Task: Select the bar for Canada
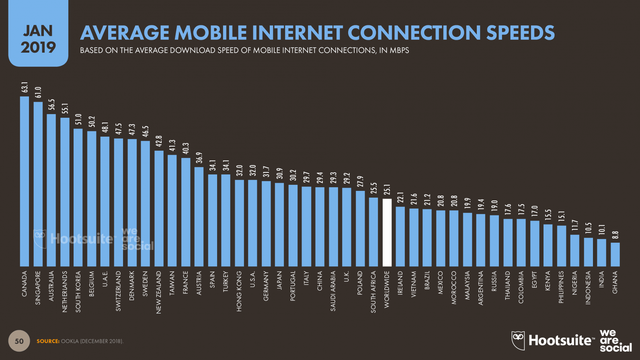tap(25, 181)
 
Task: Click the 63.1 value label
tap(25, 88)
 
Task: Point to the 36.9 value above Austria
tap(199, 158)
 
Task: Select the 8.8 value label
tap(615, 235)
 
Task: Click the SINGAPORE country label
tap(38, 288)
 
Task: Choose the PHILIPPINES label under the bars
tap(561, 287)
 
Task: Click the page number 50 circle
tap(19, 341)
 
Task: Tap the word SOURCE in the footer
tap(48, 341)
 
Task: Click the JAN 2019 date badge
tap(38, 39)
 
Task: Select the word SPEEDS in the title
tap(520, 33)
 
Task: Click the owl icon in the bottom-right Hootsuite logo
tap(518, 340)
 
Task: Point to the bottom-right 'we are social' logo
tap(615, 341)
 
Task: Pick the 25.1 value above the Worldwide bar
tap(387, 189)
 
